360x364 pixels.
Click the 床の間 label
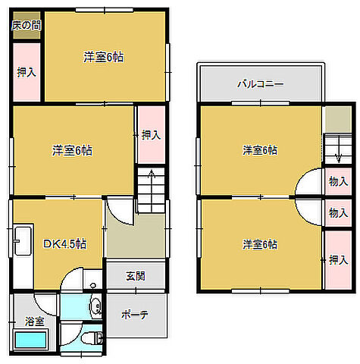27,26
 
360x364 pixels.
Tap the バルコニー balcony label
261,83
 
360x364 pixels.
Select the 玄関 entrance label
136,276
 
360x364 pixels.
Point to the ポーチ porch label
135,315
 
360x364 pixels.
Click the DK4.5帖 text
65,244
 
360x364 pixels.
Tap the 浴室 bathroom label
34,322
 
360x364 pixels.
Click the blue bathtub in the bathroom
31,340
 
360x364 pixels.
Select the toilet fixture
92,338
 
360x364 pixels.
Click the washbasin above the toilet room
95,307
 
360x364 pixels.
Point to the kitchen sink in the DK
23,240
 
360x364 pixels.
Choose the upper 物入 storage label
338,181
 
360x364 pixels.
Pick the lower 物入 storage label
338,212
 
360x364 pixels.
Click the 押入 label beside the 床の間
27,72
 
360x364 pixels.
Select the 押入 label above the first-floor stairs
151,134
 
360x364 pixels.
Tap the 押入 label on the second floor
338,260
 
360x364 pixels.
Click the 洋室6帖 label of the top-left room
103,57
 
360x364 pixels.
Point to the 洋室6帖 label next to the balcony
260,150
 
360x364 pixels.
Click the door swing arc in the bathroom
43,309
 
